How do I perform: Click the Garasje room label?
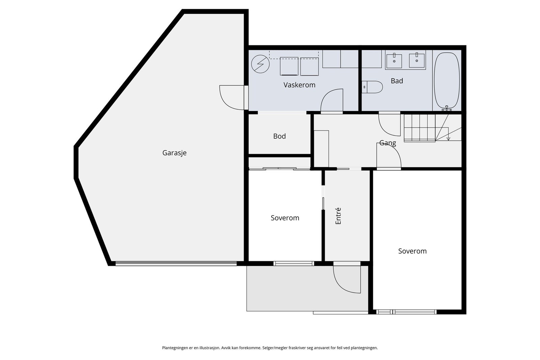(174, 153)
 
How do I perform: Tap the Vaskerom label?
(299, 85)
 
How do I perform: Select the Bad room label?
(397, 81)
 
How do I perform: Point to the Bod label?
(279, 136)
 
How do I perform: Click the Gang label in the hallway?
(387, 143)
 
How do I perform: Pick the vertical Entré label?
(338, 216)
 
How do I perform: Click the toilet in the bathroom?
(372, 87)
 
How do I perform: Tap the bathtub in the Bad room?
(447, 81)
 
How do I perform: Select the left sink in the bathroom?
(394, 61)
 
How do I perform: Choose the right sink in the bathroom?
(417, 60)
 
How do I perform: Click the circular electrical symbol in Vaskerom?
(260, 64)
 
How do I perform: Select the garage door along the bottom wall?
(176, 264)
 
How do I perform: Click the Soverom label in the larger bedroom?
(412, 251)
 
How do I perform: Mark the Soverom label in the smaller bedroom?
(285, 218)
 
